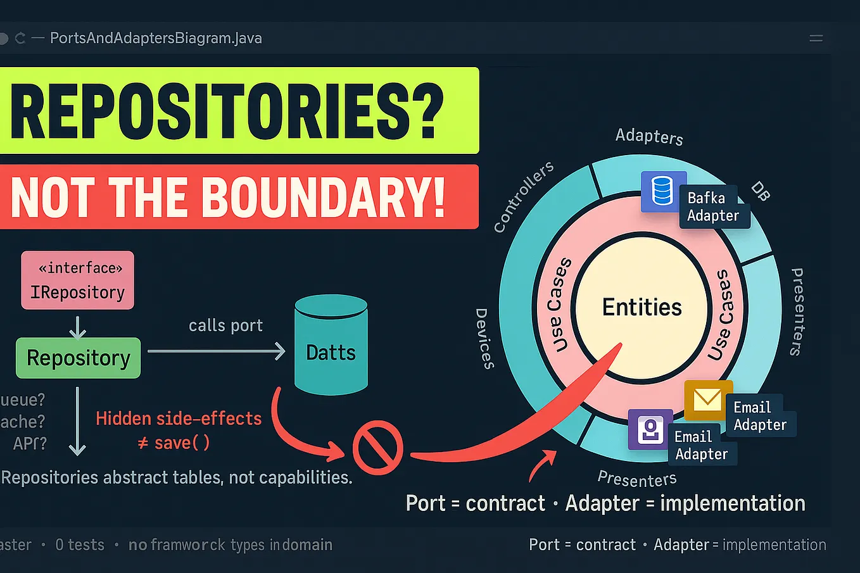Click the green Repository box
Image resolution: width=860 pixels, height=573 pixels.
click(x=78, y=358)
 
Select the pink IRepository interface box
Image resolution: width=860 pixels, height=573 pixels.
click(x=77, y=280)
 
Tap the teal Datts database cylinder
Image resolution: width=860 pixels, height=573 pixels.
click(x=331, y=345)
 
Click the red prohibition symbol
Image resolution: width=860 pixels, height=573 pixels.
click(x=377, y=448)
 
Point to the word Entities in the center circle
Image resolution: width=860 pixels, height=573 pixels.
click(x=642, y=307)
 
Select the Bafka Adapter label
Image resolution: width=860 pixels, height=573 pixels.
click(x=713, y=207)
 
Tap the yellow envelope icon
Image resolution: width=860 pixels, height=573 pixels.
click(x=707, y=400)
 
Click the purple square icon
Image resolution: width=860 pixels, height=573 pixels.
click(x=650, y=430)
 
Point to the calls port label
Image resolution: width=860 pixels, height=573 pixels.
click(x=225, y=325)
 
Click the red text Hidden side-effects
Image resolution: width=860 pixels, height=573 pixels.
click(x=179, y=419)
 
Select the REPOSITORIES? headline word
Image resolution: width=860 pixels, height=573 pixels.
click(x=226, y=111)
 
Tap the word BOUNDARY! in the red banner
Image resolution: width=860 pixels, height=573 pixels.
click(x=324, y=197)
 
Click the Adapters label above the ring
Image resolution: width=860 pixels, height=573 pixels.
click(x=649, y=136)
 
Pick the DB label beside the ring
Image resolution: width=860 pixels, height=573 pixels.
click(x=761, y=191)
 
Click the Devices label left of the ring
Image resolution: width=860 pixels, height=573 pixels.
click(x=484, y=338)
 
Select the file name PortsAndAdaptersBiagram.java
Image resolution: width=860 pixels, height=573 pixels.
click(x=156, y=38)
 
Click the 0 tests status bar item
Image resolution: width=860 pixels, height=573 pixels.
click(x=80, y=545)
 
